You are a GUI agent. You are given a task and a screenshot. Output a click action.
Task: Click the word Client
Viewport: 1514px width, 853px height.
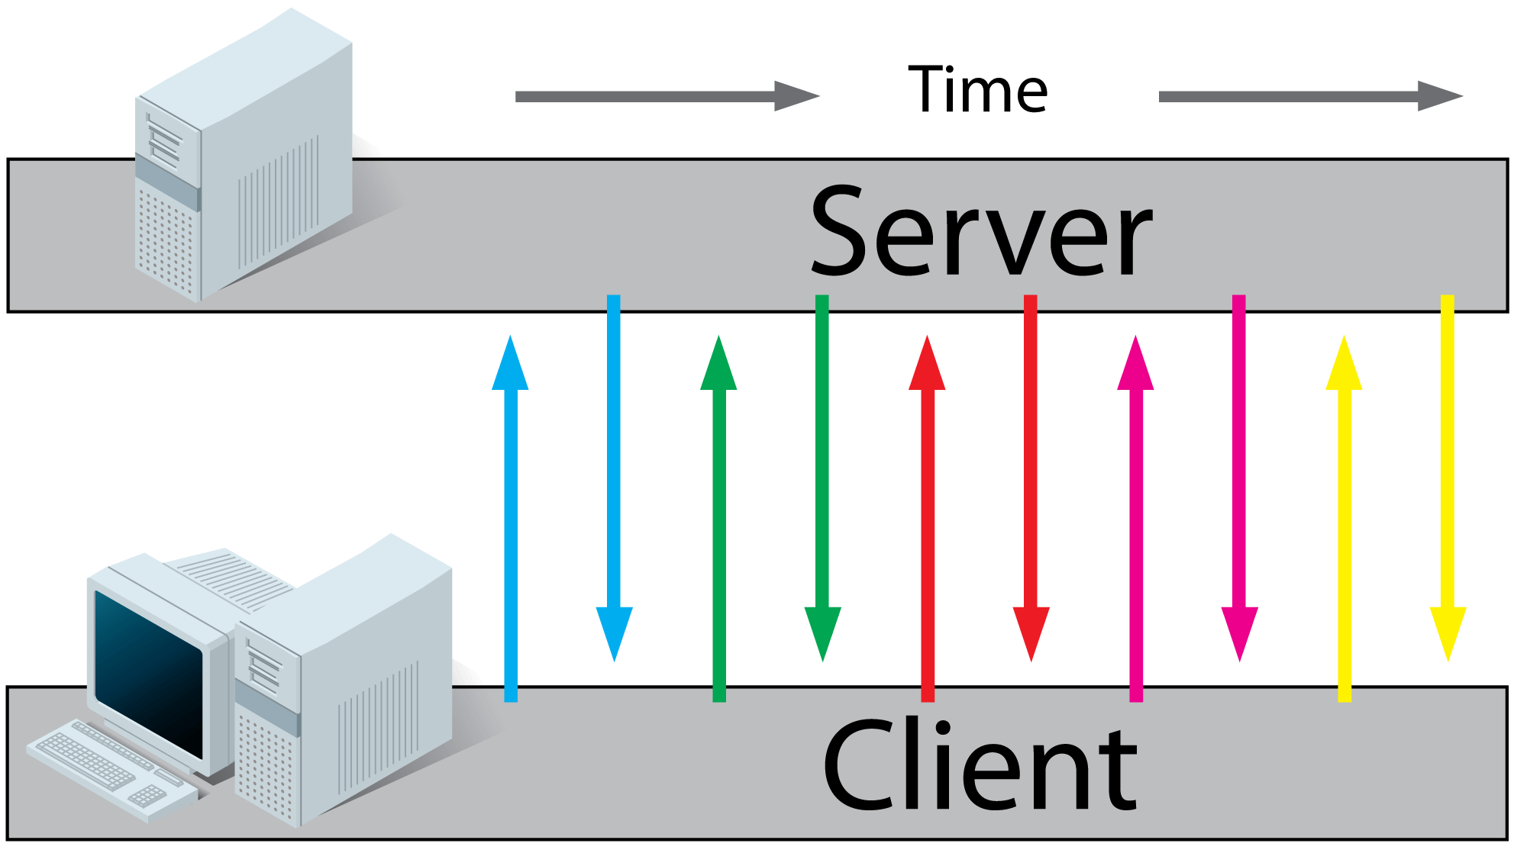[981, 765]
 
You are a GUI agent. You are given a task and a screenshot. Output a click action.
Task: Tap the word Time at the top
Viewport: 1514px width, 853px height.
[978, 90]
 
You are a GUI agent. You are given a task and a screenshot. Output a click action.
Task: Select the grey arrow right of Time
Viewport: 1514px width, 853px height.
[1309, 96]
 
